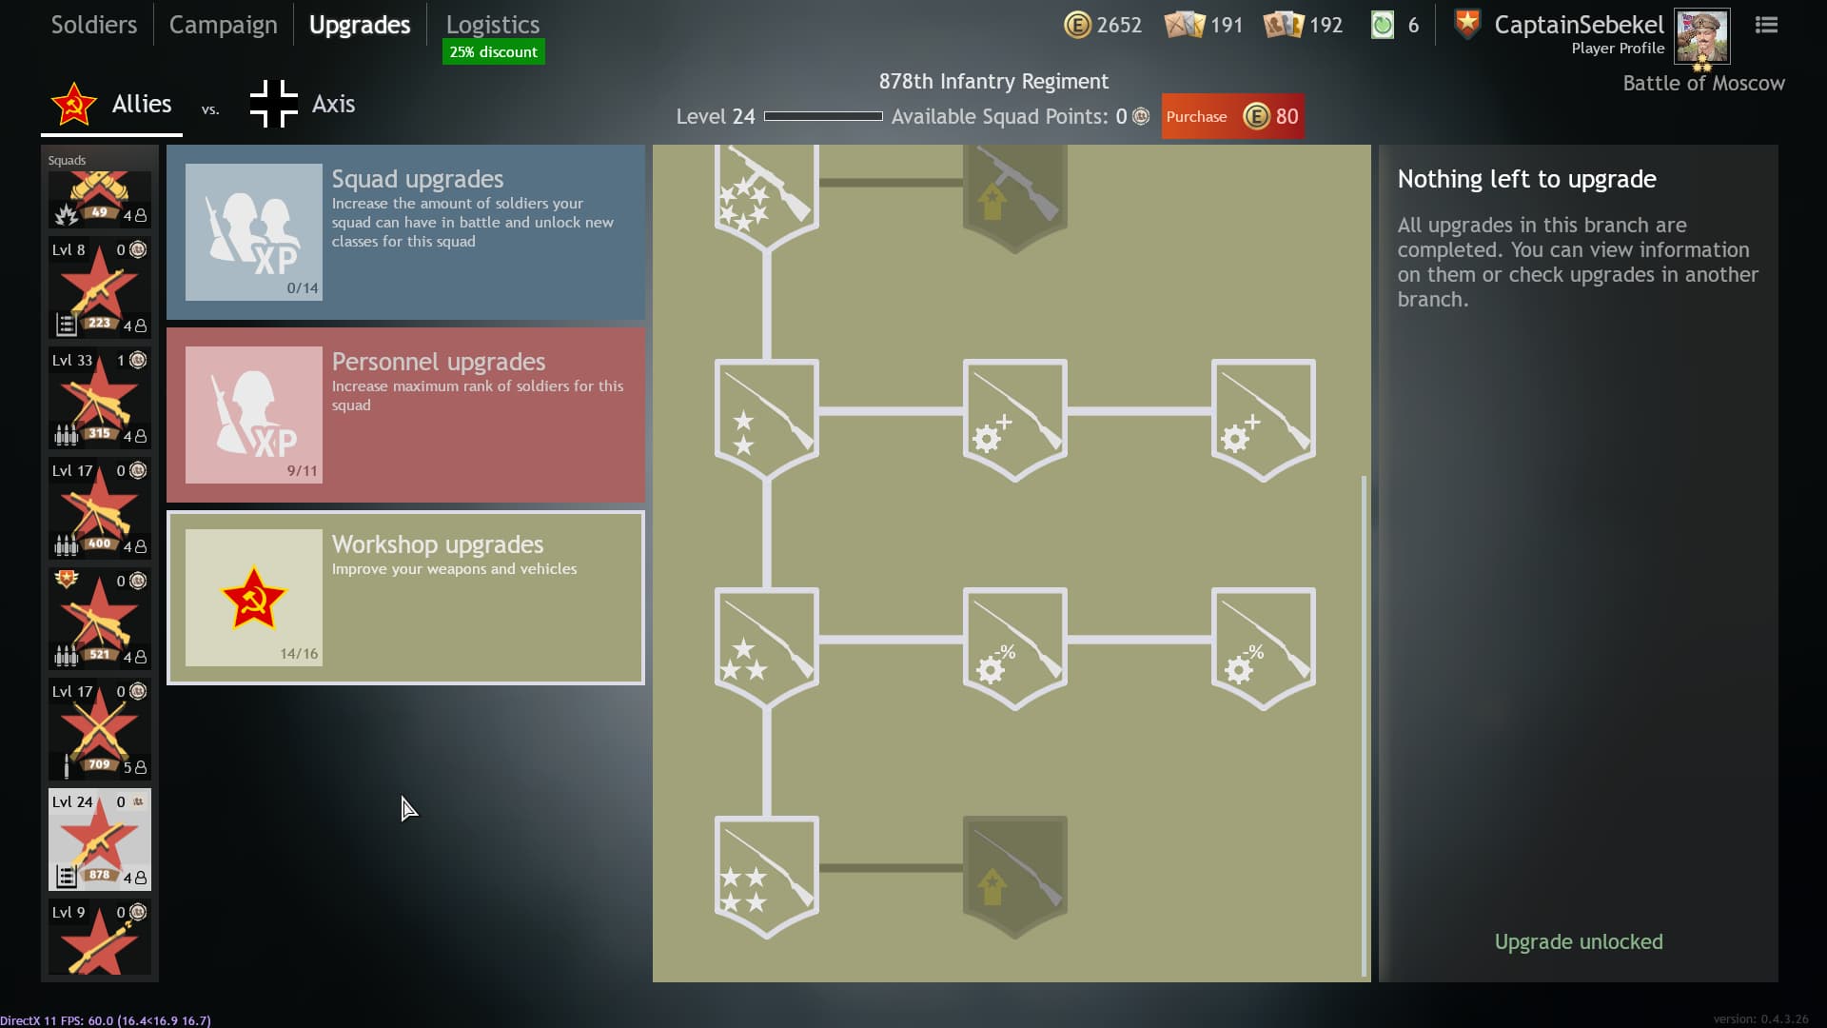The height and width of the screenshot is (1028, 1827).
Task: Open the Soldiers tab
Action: point(93,25)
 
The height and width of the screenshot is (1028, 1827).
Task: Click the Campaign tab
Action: point(223,25)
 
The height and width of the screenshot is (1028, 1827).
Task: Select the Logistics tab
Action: point(492,25)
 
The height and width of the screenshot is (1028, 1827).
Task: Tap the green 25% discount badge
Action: point(493,52)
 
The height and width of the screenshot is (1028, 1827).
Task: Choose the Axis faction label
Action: point(333,104)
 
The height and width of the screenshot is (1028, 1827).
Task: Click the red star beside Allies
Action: point(73,104)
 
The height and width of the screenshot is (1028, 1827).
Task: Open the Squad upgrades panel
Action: point(405,232)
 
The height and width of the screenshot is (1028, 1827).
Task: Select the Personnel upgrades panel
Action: point(405,415)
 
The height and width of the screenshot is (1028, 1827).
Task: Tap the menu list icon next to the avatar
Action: point(1766,25)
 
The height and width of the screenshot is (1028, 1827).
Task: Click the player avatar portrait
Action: point(1701,36)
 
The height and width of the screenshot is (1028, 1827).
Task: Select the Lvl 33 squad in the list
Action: point(99,398)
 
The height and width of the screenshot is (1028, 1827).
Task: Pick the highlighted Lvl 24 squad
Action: point(99,840)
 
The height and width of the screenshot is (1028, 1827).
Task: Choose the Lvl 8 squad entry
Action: point(99,287)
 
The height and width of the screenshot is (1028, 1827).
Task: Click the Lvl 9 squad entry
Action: point(99,938)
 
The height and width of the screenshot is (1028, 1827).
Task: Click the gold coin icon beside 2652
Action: point(1077,25)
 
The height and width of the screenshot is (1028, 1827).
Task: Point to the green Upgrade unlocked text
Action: point(1578,941)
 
